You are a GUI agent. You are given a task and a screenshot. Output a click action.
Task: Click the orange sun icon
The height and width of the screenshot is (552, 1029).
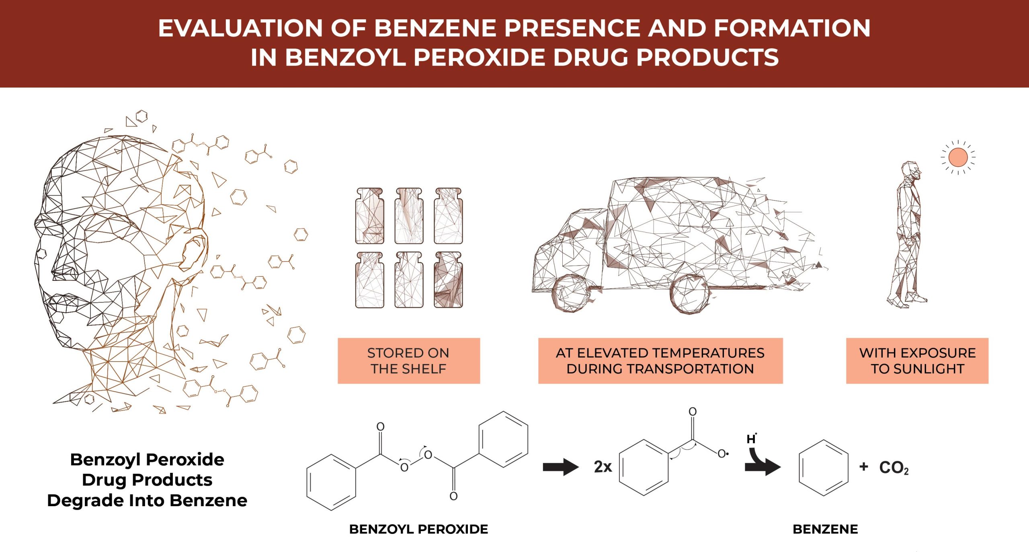[957, 157]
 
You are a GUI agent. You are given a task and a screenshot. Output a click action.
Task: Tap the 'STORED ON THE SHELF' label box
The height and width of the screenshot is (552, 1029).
[408, 360]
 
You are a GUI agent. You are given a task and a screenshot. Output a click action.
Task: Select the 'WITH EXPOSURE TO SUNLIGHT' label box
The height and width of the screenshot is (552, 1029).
[917, 360]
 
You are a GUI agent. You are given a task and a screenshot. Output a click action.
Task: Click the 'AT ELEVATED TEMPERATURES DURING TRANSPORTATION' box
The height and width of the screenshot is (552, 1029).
[660, 360]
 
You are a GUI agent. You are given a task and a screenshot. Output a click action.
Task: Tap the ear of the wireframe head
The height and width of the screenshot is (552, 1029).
[194, 253]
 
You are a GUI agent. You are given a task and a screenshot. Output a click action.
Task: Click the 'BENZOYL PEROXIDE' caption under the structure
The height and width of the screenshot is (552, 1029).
[418, 529]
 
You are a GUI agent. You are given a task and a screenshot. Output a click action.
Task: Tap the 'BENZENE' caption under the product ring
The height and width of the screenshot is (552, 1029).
[825, 529]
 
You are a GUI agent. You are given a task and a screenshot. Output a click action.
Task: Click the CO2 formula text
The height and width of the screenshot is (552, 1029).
[894, 467]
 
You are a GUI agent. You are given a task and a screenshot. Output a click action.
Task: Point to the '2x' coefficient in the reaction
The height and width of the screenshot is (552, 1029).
[603, 467]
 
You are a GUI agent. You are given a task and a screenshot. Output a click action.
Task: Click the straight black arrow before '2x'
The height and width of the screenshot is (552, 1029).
[560, 467]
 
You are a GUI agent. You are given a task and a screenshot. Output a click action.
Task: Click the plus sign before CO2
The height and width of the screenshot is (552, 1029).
[863, 466]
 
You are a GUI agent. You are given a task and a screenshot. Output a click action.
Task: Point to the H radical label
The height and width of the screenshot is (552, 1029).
[751, 439]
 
